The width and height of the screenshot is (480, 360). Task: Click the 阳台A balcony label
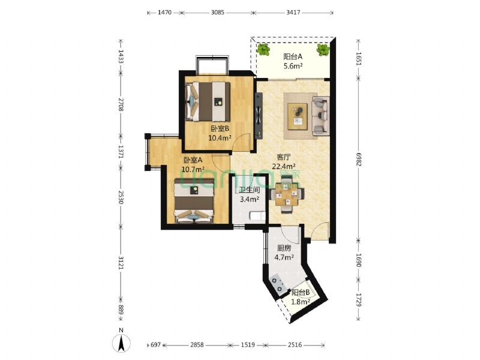293,56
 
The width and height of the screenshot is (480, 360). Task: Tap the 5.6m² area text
293,66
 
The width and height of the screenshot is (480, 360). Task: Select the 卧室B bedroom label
220,128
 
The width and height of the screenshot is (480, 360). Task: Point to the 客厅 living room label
283,157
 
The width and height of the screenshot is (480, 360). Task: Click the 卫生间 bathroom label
250,190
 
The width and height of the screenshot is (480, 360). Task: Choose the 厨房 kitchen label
284,248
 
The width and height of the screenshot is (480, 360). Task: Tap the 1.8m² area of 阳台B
301,302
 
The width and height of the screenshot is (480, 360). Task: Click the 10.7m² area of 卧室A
193,169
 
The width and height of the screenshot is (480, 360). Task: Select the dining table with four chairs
287,196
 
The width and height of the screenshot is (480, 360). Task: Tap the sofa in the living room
320,116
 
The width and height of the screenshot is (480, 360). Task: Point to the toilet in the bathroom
257,216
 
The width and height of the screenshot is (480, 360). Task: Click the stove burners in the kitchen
278,284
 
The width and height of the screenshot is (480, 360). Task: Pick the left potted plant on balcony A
263,50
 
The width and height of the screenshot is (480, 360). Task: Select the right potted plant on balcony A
323,50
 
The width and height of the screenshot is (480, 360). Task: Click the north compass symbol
122,341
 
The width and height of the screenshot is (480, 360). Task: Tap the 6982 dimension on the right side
359,159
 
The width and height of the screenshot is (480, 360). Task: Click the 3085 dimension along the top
218,13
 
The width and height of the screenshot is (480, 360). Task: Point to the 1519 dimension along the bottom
248,345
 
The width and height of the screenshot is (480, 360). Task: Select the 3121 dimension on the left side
121,263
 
